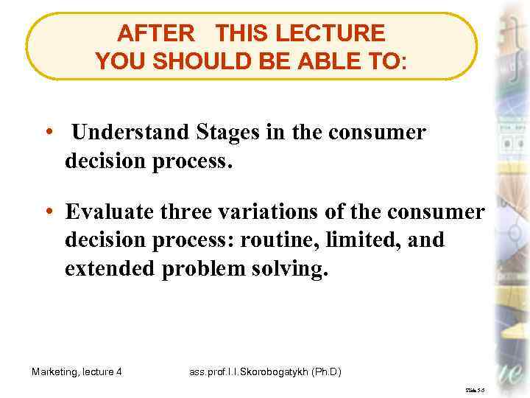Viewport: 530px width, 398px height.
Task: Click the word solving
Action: point(293,270)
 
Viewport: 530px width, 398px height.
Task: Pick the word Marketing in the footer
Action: point(55,371)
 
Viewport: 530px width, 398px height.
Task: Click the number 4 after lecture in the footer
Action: point(119,371)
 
